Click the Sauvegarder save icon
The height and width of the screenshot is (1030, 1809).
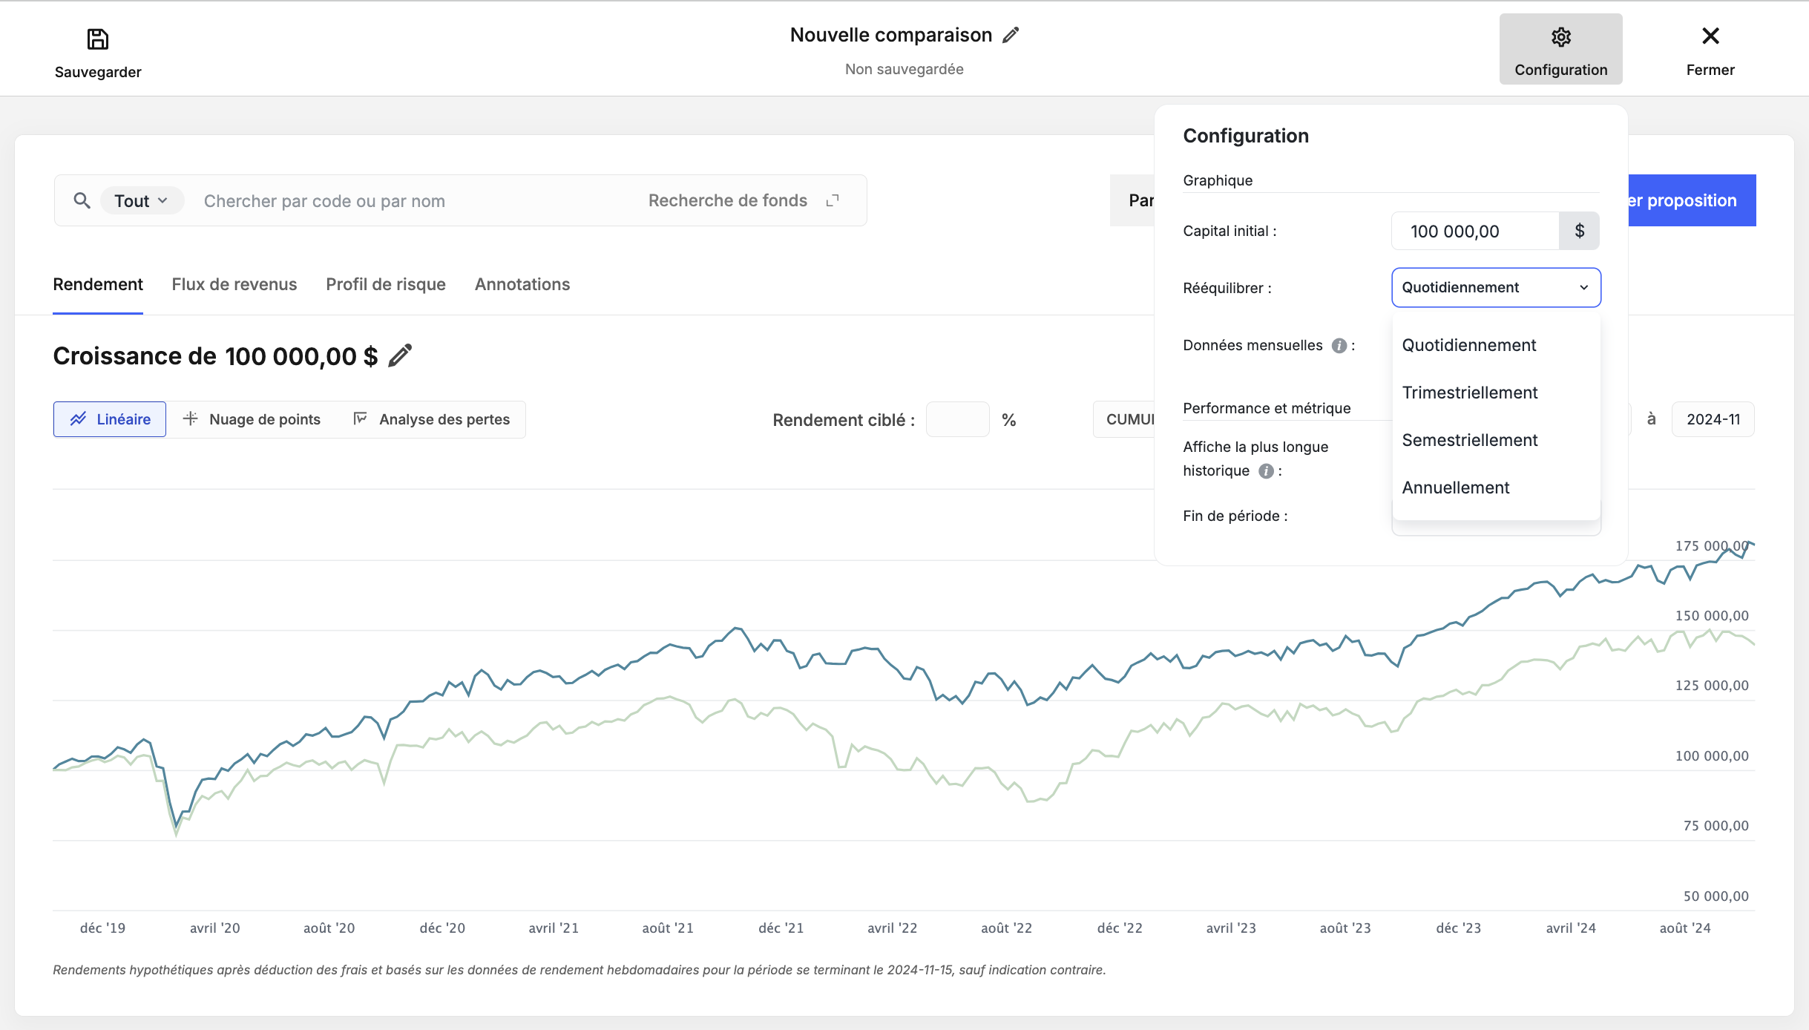click(98, 39)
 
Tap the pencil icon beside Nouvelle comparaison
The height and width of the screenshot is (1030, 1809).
click(1011, 35)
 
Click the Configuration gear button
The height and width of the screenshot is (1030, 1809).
click(1560, 49)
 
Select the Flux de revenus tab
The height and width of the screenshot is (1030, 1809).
click(234, 284)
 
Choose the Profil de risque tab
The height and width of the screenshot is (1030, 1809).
click(386, 284)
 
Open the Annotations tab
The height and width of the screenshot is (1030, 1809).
click(522, 284)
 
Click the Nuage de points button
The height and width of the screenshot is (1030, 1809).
click(252, 419)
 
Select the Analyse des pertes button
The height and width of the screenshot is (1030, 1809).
click(431, 419)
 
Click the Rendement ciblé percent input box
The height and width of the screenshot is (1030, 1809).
click(957, 419)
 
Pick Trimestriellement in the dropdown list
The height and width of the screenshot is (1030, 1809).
click(1470, 393)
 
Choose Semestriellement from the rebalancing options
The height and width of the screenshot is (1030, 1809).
click(1470, 440)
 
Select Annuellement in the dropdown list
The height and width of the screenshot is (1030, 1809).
click(1456, 488)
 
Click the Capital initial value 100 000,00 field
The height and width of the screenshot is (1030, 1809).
click(1475, 232)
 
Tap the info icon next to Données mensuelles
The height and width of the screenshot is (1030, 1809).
click(1339, 346)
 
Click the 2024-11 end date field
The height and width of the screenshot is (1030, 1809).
click(1713, 419)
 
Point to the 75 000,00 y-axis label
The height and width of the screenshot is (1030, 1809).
click(1716, 825)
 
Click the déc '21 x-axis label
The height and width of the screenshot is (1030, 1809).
click(781, 928)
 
